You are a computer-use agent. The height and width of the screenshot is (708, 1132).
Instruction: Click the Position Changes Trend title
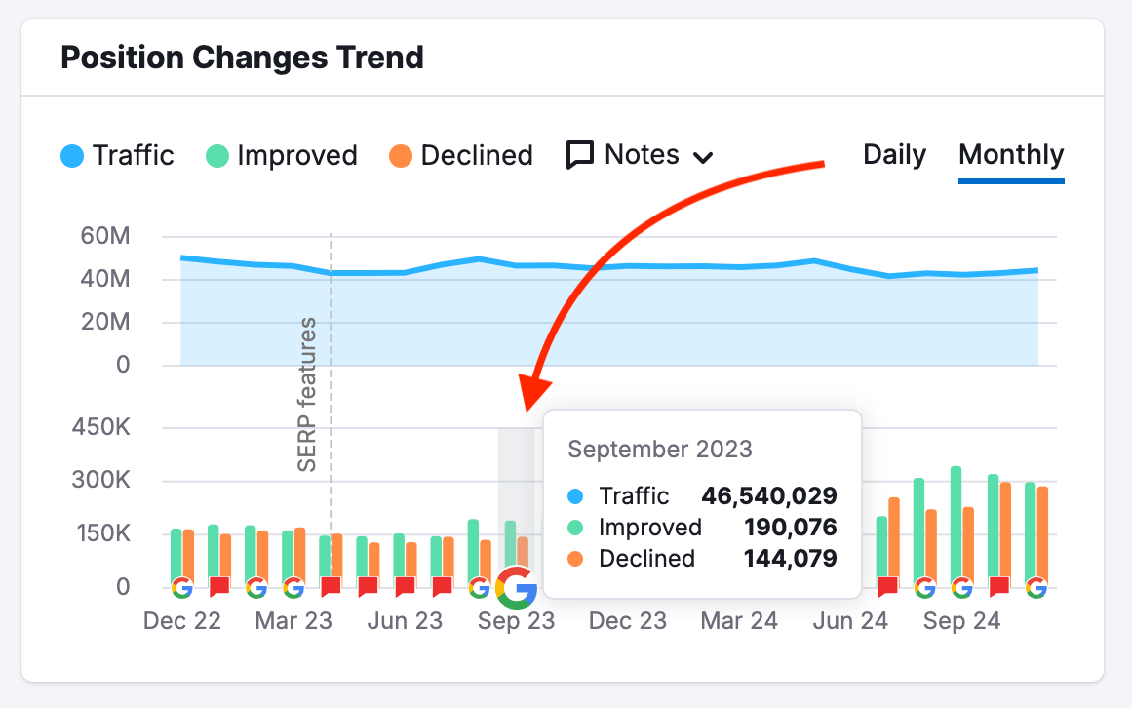tap(242, 58)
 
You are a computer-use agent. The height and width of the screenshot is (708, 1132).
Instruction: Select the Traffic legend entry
tap(117, 156)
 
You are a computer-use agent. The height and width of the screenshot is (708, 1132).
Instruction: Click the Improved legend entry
tap(282, 156)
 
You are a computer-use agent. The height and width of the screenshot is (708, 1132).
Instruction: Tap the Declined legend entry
tap(461, 156)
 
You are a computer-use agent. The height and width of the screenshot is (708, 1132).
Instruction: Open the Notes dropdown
tap(641, 155)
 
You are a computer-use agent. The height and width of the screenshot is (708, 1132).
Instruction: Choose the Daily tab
tap(894, 155)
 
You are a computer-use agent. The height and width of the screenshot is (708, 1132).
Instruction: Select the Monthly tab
tap(1011, 155)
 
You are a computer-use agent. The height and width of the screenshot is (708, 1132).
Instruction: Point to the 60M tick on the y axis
tap(107, 237)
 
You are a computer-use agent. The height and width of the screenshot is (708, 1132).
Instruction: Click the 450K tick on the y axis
tap(103, 428)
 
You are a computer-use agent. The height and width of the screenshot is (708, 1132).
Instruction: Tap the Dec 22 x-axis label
tap(182, 621)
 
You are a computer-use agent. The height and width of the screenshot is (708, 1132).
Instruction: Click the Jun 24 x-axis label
tap(850, 621)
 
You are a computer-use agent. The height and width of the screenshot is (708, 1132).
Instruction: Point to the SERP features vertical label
tap(308, 394)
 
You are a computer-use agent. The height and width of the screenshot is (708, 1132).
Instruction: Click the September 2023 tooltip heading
tap(660, 449)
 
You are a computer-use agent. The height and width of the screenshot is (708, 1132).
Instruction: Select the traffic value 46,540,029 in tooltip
tap(768, 495)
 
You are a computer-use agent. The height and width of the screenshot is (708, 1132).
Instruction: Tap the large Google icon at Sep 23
tap(517, 587)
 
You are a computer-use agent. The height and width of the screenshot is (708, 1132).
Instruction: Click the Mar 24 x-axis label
tap(739, 621)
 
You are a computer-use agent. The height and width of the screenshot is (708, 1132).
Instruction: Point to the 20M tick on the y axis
tap(107, 323)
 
